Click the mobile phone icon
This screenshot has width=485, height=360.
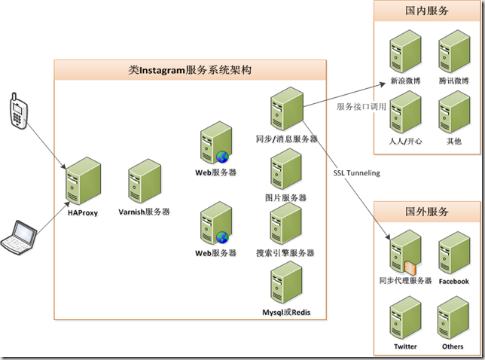[x=17, y=110]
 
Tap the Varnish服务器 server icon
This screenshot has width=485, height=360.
[x=143, y=181]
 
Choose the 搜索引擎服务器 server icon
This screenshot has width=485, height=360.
[x=285, y=224]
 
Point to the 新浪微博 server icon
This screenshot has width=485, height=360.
[x=404, y=51]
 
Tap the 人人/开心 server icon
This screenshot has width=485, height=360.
[x=404, y=112]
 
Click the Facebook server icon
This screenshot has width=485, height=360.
[x=453, y=254]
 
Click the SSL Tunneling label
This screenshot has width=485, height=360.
[x=357, y=173]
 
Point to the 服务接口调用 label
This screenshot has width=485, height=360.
[x=361, y=107]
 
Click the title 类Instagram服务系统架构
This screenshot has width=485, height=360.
[x=190, y=70]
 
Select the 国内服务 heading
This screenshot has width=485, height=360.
[x=427, y=11]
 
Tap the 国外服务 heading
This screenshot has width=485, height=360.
[x=427, y=212]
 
